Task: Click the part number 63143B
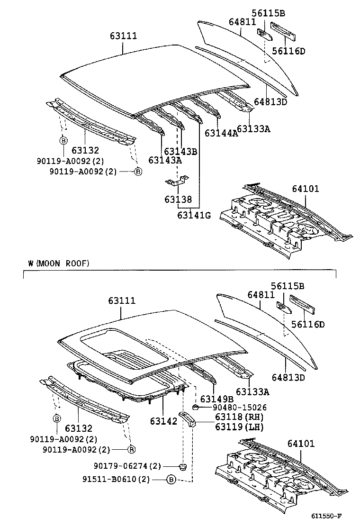(x=180, y=151)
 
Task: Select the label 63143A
(x=165, y=160)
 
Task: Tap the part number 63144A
(x=221, y=133)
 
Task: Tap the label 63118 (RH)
(x=232, y=417)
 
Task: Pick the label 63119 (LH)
(x=232, y=427)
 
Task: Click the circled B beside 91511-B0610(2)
(x=171, y=480)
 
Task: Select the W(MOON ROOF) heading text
(x=58, y=263)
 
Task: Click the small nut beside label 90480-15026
(x=195, y=407)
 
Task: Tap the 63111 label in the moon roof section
(x=122, y=300)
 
